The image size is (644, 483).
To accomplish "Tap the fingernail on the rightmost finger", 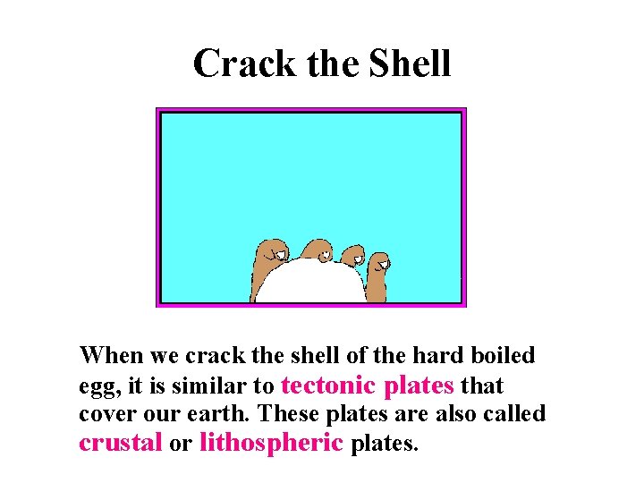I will pyautogui.click(x=382, y=263).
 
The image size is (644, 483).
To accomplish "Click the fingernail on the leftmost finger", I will pyautogui.click(x=278, y=254).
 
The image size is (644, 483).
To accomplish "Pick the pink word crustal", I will pyautogui.click(x=121, y=442).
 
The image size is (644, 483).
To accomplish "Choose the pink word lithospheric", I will pyautogui.click(x=271, y=442).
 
